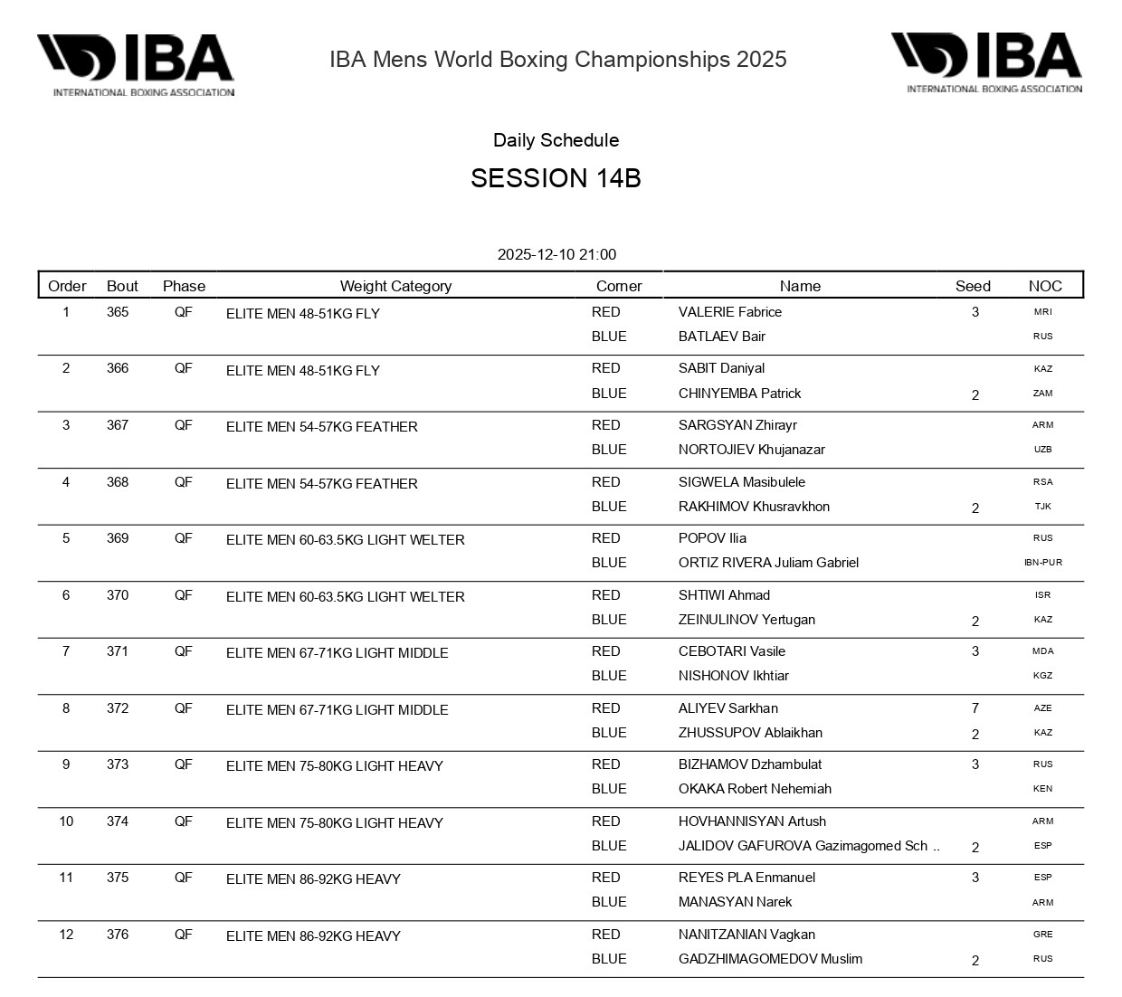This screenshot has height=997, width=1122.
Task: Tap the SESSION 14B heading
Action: (x=556, y=178)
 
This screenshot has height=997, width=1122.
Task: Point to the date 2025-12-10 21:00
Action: (x=556, y=255)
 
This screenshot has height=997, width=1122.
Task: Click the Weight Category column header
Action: (x=395, y=286)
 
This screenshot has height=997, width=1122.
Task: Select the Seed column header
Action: (x=973, y=286)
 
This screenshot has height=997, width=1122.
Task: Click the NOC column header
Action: (x=1045, y=286)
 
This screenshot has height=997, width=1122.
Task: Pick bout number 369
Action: (x=118, y=538)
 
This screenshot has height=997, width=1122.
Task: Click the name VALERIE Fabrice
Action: (x=730, y=312)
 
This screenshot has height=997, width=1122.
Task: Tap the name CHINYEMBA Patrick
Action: (x=739, y=394)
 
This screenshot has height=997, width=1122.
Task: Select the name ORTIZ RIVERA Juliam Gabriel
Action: (x=768, y=563)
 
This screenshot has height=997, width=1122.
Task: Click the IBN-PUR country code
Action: (x=1043, y=563)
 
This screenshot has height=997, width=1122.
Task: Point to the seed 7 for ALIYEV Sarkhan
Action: (x=975, y=708)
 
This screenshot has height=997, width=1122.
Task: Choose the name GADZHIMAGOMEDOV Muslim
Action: (x=770, y=959)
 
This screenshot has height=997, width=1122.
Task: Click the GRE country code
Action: (x=1043, y=935)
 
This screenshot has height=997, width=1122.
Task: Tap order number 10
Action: (x=66, y=821)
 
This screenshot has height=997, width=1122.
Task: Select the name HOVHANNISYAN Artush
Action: (x=752, y=821)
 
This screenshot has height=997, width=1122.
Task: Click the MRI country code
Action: (x=1043, y=312)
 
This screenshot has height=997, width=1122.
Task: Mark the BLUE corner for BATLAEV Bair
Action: (x=609, y=337)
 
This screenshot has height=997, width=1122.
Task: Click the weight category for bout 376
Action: (x=313, y=936)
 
